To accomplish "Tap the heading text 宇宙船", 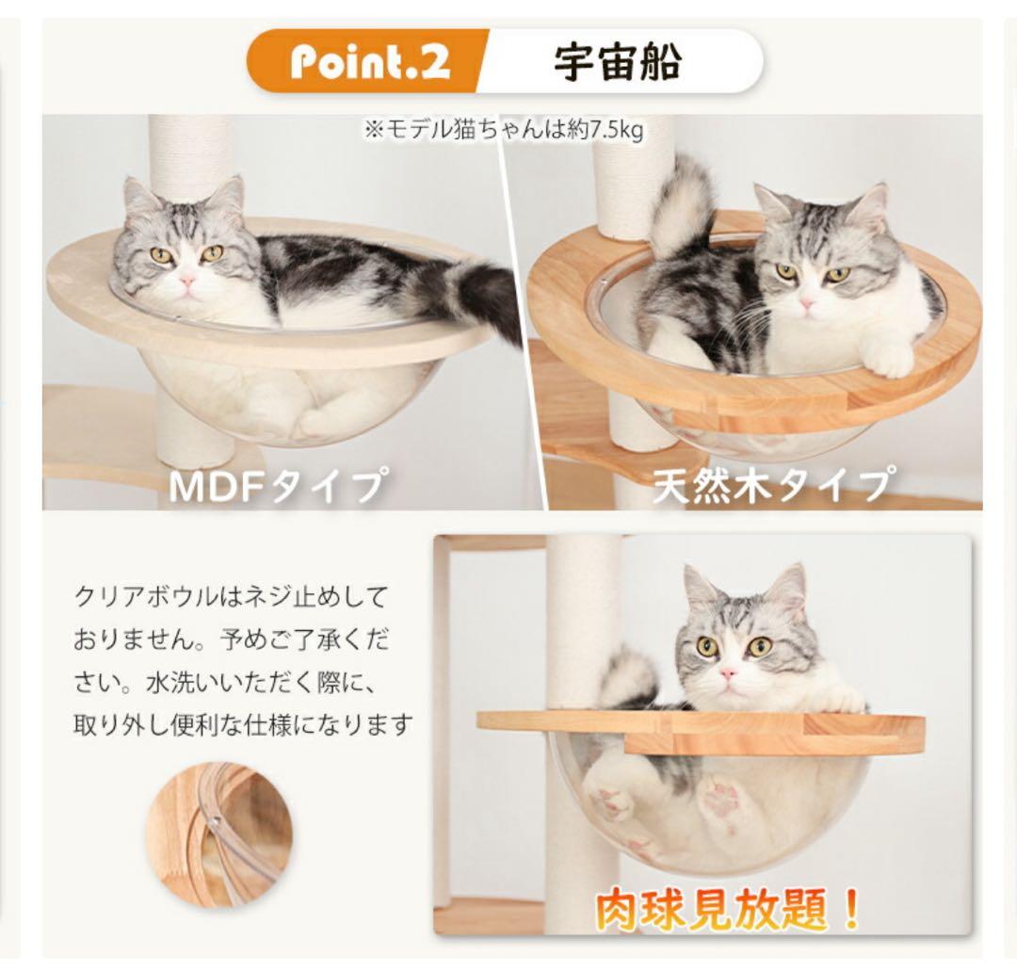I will (617, 61).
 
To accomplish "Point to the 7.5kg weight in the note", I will (617, 130).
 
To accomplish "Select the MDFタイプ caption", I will (275, 486).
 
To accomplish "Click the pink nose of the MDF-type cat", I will (187, 280).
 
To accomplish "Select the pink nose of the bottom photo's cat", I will (729, 673).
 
